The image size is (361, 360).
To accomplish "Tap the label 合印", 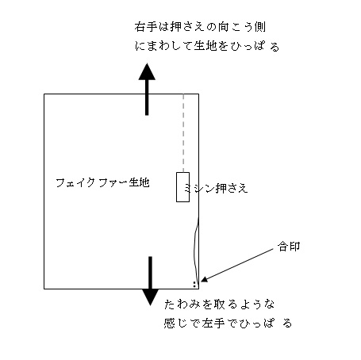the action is click(x=289, y=247).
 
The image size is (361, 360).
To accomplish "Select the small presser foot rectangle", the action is click(x=182, y=187).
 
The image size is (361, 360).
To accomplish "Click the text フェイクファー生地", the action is click(x=102, y=182).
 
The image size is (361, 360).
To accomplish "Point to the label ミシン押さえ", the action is click(x=216, y=188).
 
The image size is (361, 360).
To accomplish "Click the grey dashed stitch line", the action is click(x=183, y=133).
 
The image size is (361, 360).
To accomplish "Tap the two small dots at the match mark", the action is click(x=194, y=285).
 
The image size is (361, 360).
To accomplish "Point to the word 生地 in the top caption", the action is click(x=205, y=46).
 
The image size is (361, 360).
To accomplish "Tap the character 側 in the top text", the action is click(x=259, y=27).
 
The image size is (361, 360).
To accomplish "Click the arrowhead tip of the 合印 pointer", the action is click(x=201, y=281).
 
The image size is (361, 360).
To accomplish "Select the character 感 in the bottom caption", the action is click(x=170, y=324).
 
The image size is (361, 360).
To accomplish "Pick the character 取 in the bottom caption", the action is click(x=220, y=304).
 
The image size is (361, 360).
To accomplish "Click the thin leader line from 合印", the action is click(x=237, y=265).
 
